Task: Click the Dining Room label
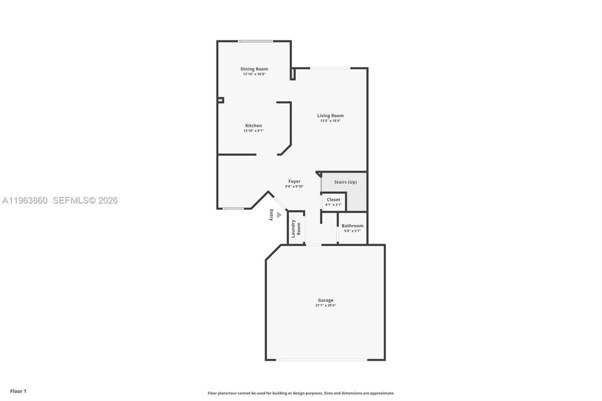click(254, 69)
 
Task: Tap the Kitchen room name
click(253, 126)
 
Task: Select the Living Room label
click(330, 116)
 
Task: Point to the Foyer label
click(295, 182)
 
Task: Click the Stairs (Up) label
click(345, 182)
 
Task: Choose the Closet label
click(333, 200)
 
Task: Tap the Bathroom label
click(353, 226)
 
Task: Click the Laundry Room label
click(296, 228)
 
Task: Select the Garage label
click(326, 300)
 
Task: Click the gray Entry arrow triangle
click(279, 215)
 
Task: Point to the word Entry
click(271, 215)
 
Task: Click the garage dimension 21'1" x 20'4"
click(326, 305)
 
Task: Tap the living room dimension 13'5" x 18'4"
click(330, 121)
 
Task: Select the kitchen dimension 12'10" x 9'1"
click(253, 130)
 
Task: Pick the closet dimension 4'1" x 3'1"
click(333, 205)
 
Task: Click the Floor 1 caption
click(18, 392)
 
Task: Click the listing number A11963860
click(25, 200)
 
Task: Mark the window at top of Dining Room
click(255, 41)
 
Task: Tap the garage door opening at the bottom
click(322, 360)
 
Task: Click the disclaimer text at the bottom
click(301, 393)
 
